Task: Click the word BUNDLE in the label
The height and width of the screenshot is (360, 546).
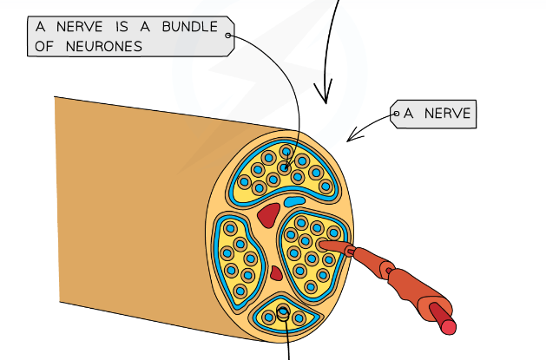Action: [189, 26]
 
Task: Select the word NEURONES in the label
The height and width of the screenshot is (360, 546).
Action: [101, 47]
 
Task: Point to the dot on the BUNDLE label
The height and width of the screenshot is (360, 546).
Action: [228, 36]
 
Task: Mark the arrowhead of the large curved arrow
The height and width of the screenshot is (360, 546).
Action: [328, 97]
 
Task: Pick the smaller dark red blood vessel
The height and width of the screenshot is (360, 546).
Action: [276, 273]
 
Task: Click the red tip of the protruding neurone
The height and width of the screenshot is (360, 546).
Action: [447, 325]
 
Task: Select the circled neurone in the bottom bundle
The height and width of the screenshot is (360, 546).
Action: [284, 315]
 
